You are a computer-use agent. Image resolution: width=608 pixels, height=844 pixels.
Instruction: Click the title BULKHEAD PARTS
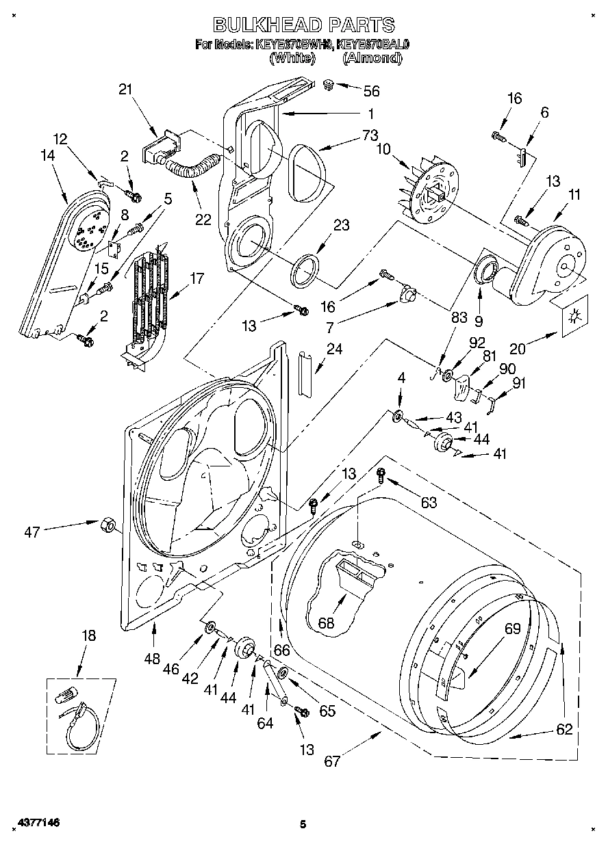tap(304, 25)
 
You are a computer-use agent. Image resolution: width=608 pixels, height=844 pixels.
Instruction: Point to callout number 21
tap(125, 89)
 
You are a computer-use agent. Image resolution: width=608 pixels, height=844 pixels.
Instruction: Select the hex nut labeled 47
tap(108, 525)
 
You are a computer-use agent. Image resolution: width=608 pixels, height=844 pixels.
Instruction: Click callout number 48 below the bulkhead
tap(152, 659)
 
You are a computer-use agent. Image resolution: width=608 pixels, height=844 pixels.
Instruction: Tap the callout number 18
tap(88, 635)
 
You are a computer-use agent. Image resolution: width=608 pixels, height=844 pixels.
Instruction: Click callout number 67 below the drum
tap(332, 761)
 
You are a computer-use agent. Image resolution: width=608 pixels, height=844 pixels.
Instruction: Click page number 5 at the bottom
tap(302, 824)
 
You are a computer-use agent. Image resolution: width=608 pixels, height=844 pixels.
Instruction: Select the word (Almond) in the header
tap(372, 58)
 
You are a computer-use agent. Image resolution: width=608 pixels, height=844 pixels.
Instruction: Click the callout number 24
tap(335, 348)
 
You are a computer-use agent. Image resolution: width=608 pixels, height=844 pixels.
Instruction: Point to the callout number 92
tap(477, 343)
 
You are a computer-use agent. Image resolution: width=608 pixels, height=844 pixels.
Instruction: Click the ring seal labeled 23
tap(306, 268)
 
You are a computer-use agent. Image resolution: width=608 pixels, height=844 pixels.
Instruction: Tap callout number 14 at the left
tap(47, 155)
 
